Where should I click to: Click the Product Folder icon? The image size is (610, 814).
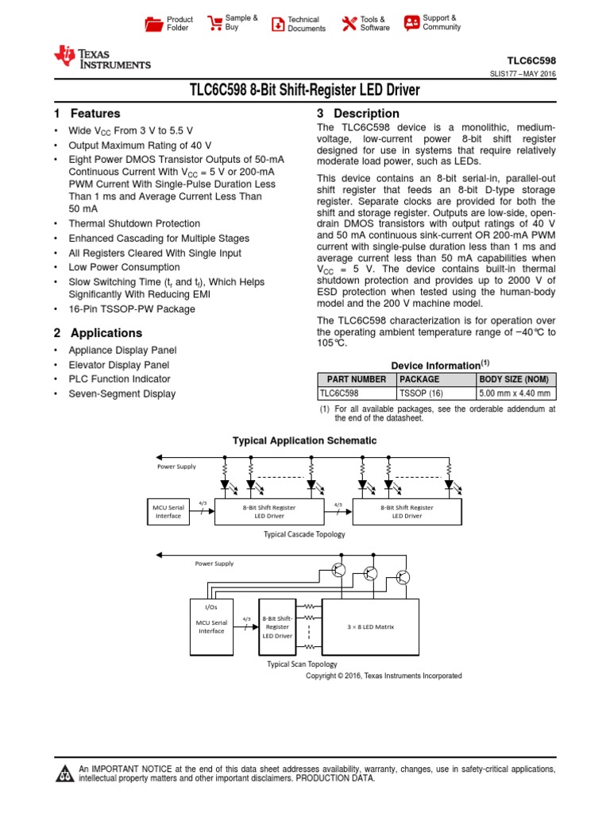pyautogui.click(x=153, y=24)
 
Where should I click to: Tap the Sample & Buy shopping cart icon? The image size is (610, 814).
pyautogui.click(x=214, y=22)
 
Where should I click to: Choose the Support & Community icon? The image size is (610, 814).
pyautogui.click(x=411, y=22)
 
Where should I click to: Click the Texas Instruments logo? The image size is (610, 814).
pyautogui.click(x=102, y=58)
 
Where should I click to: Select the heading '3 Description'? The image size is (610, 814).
pyautogui.click(x=358, y=114)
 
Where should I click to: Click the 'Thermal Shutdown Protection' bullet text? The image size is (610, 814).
pyautogui.click(x=134, y=224)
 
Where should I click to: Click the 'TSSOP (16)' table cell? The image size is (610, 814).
pyautogui.click(x=422, y=393)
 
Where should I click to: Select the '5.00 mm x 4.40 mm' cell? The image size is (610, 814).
pyautogui.click(x=515, y=393)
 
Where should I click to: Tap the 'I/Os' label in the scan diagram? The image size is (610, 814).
pyautogui.click(x=211, y=607)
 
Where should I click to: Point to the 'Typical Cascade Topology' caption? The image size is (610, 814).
pyautogui.click(x=305, y=534)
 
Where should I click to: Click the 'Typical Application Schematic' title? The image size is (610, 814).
pyautogui.click(x=304, y=440)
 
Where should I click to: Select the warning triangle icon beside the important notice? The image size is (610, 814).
pyautogui.click(x=63, y=774)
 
